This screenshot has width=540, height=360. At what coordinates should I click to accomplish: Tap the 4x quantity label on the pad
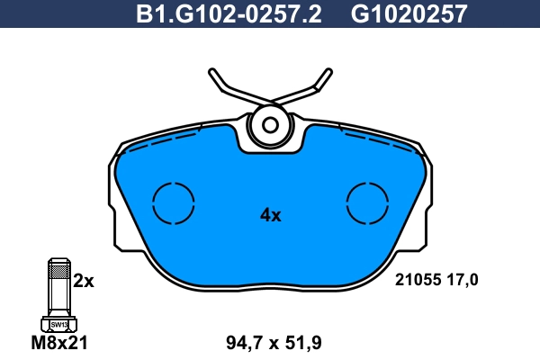tap(270, 215)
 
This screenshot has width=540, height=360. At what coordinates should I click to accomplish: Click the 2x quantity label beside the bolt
tap(84, 281)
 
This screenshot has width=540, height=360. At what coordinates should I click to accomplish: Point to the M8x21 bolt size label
tap(59, 342)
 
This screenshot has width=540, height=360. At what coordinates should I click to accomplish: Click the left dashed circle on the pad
tap(174, 202)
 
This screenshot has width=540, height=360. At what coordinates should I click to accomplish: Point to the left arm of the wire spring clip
tap(225, 85)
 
